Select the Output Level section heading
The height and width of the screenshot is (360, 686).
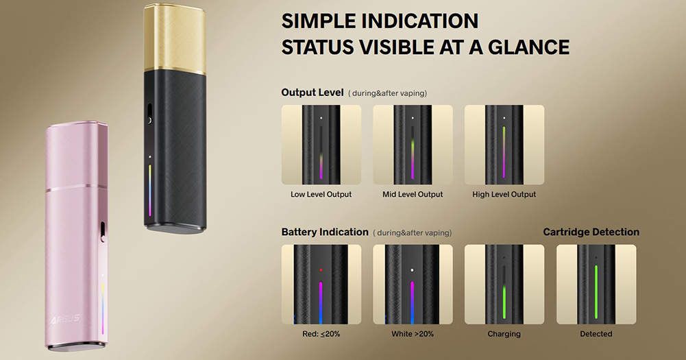click(x=313, y=93)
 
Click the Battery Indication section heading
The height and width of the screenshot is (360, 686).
click(x=325, y=232)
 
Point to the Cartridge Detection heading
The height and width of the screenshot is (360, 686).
click(x=591, y=232)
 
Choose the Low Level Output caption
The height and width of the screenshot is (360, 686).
click(x=321, y=195)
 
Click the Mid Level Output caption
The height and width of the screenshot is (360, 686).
click(x=413, y=195)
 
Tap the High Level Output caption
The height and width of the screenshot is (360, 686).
click(x=504, y=195)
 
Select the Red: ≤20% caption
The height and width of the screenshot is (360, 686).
click(x=321, y=334)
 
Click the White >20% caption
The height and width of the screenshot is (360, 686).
click(x=413, y=334)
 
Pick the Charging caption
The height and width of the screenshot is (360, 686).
click(x=504, y=334)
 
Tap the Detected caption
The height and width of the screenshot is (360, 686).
click(x=596, y=334)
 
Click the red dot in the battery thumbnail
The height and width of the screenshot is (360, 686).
click(x=321, y=270)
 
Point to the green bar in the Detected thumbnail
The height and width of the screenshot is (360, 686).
click(x=596, y=291)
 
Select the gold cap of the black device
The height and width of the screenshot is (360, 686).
click(x=175, y=38)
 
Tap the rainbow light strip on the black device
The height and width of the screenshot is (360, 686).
click(x=150, y=191)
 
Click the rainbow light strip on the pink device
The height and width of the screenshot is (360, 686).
click(x=103, y=309)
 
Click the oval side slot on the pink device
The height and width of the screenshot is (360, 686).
click(x=103, y=232)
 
